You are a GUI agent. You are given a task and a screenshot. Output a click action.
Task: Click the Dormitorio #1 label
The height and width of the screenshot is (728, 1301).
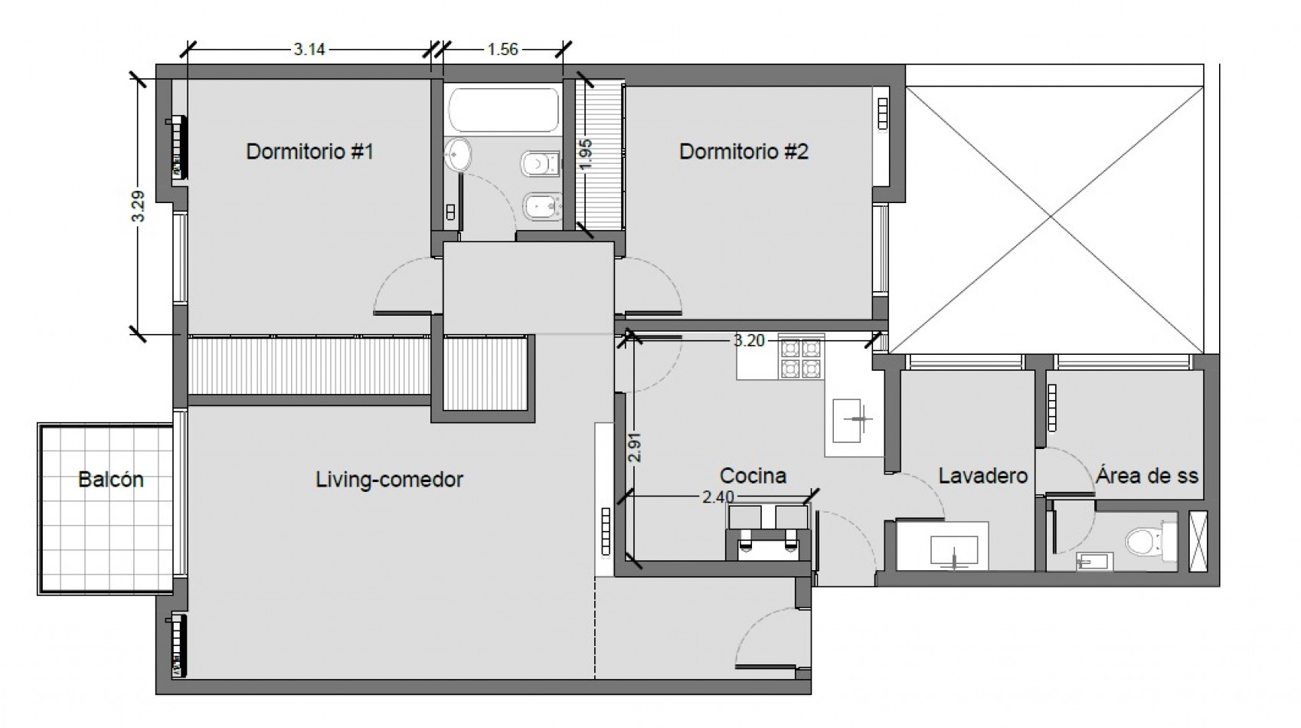[x=309, y=151]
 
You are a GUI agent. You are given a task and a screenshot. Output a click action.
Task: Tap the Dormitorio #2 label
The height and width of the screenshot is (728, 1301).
[x=744, y=151]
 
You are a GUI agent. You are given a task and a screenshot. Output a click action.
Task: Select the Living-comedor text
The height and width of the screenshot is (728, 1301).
[x=389, y=480]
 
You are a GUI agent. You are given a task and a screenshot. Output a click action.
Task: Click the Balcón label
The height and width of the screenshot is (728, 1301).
[x=110, y=480]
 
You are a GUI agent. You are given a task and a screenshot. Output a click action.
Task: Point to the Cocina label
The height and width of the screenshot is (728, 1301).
[x=753, y=476]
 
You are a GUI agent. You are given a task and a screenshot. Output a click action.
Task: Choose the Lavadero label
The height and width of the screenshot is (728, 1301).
[x=982, y=476]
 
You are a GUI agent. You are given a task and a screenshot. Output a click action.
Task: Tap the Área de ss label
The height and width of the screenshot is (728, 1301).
[x=1146, y=476]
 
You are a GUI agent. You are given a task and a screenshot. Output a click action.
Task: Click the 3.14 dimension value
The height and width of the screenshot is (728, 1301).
[x=309, y=50]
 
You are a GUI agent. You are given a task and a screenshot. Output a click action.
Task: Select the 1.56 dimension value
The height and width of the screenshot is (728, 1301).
[x=502, y=50]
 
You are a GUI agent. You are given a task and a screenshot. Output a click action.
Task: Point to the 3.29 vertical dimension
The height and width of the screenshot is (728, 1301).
[x=138, y=206]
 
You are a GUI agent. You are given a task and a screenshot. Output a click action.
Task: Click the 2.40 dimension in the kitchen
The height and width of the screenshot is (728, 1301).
[x=718, y=497]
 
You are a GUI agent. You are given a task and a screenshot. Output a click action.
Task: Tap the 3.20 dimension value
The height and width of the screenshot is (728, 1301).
[x=749, y=341]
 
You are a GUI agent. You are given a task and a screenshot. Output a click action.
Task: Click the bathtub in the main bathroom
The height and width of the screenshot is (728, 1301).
[x=503, y=110]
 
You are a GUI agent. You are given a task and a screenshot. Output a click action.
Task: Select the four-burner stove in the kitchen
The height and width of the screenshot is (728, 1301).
[x=800, y=359]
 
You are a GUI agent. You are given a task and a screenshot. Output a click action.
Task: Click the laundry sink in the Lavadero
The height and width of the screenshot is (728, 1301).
[x=953, y=551]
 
